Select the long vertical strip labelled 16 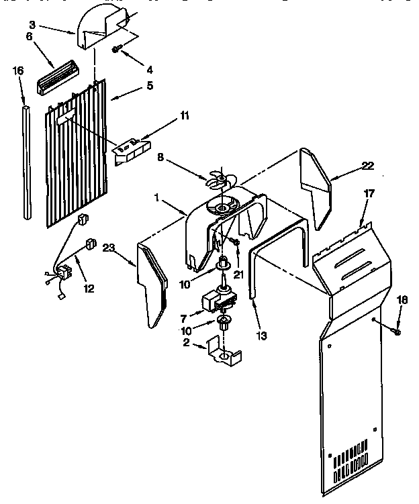(26, 161)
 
